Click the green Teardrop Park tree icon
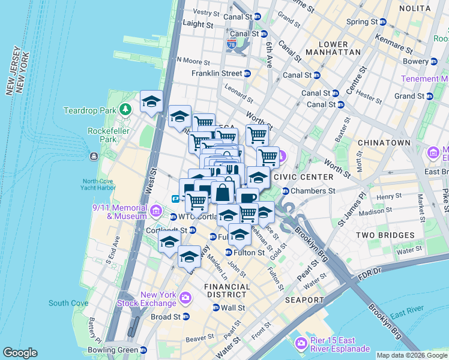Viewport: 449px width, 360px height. [125, 110]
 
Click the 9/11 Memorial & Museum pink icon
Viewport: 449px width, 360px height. [156, 211]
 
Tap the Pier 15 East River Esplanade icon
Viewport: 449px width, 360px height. [301, 344]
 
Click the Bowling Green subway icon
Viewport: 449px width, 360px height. [143, 350]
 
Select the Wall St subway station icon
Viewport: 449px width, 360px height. [215, 308]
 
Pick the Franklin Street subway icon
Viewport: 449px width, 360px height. [247, 73]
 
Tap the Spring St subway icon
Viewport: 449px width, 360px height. [382, 22]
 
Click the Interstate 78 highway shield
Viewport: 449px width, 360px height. [232, 44]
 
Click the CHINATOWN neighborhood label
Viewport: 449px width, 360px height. [384, 143]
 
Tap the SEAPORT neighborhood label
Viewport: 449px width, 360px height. [304, 299]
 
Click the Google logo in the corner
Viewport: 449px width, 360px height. [20, 353]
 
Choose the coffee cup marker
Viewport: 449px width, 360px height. [247, 197]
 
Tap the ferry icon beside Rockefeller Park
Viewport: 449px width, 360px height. [94, 157]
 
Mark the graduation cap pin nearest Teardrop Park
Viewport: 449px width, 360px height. [151, 101]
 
